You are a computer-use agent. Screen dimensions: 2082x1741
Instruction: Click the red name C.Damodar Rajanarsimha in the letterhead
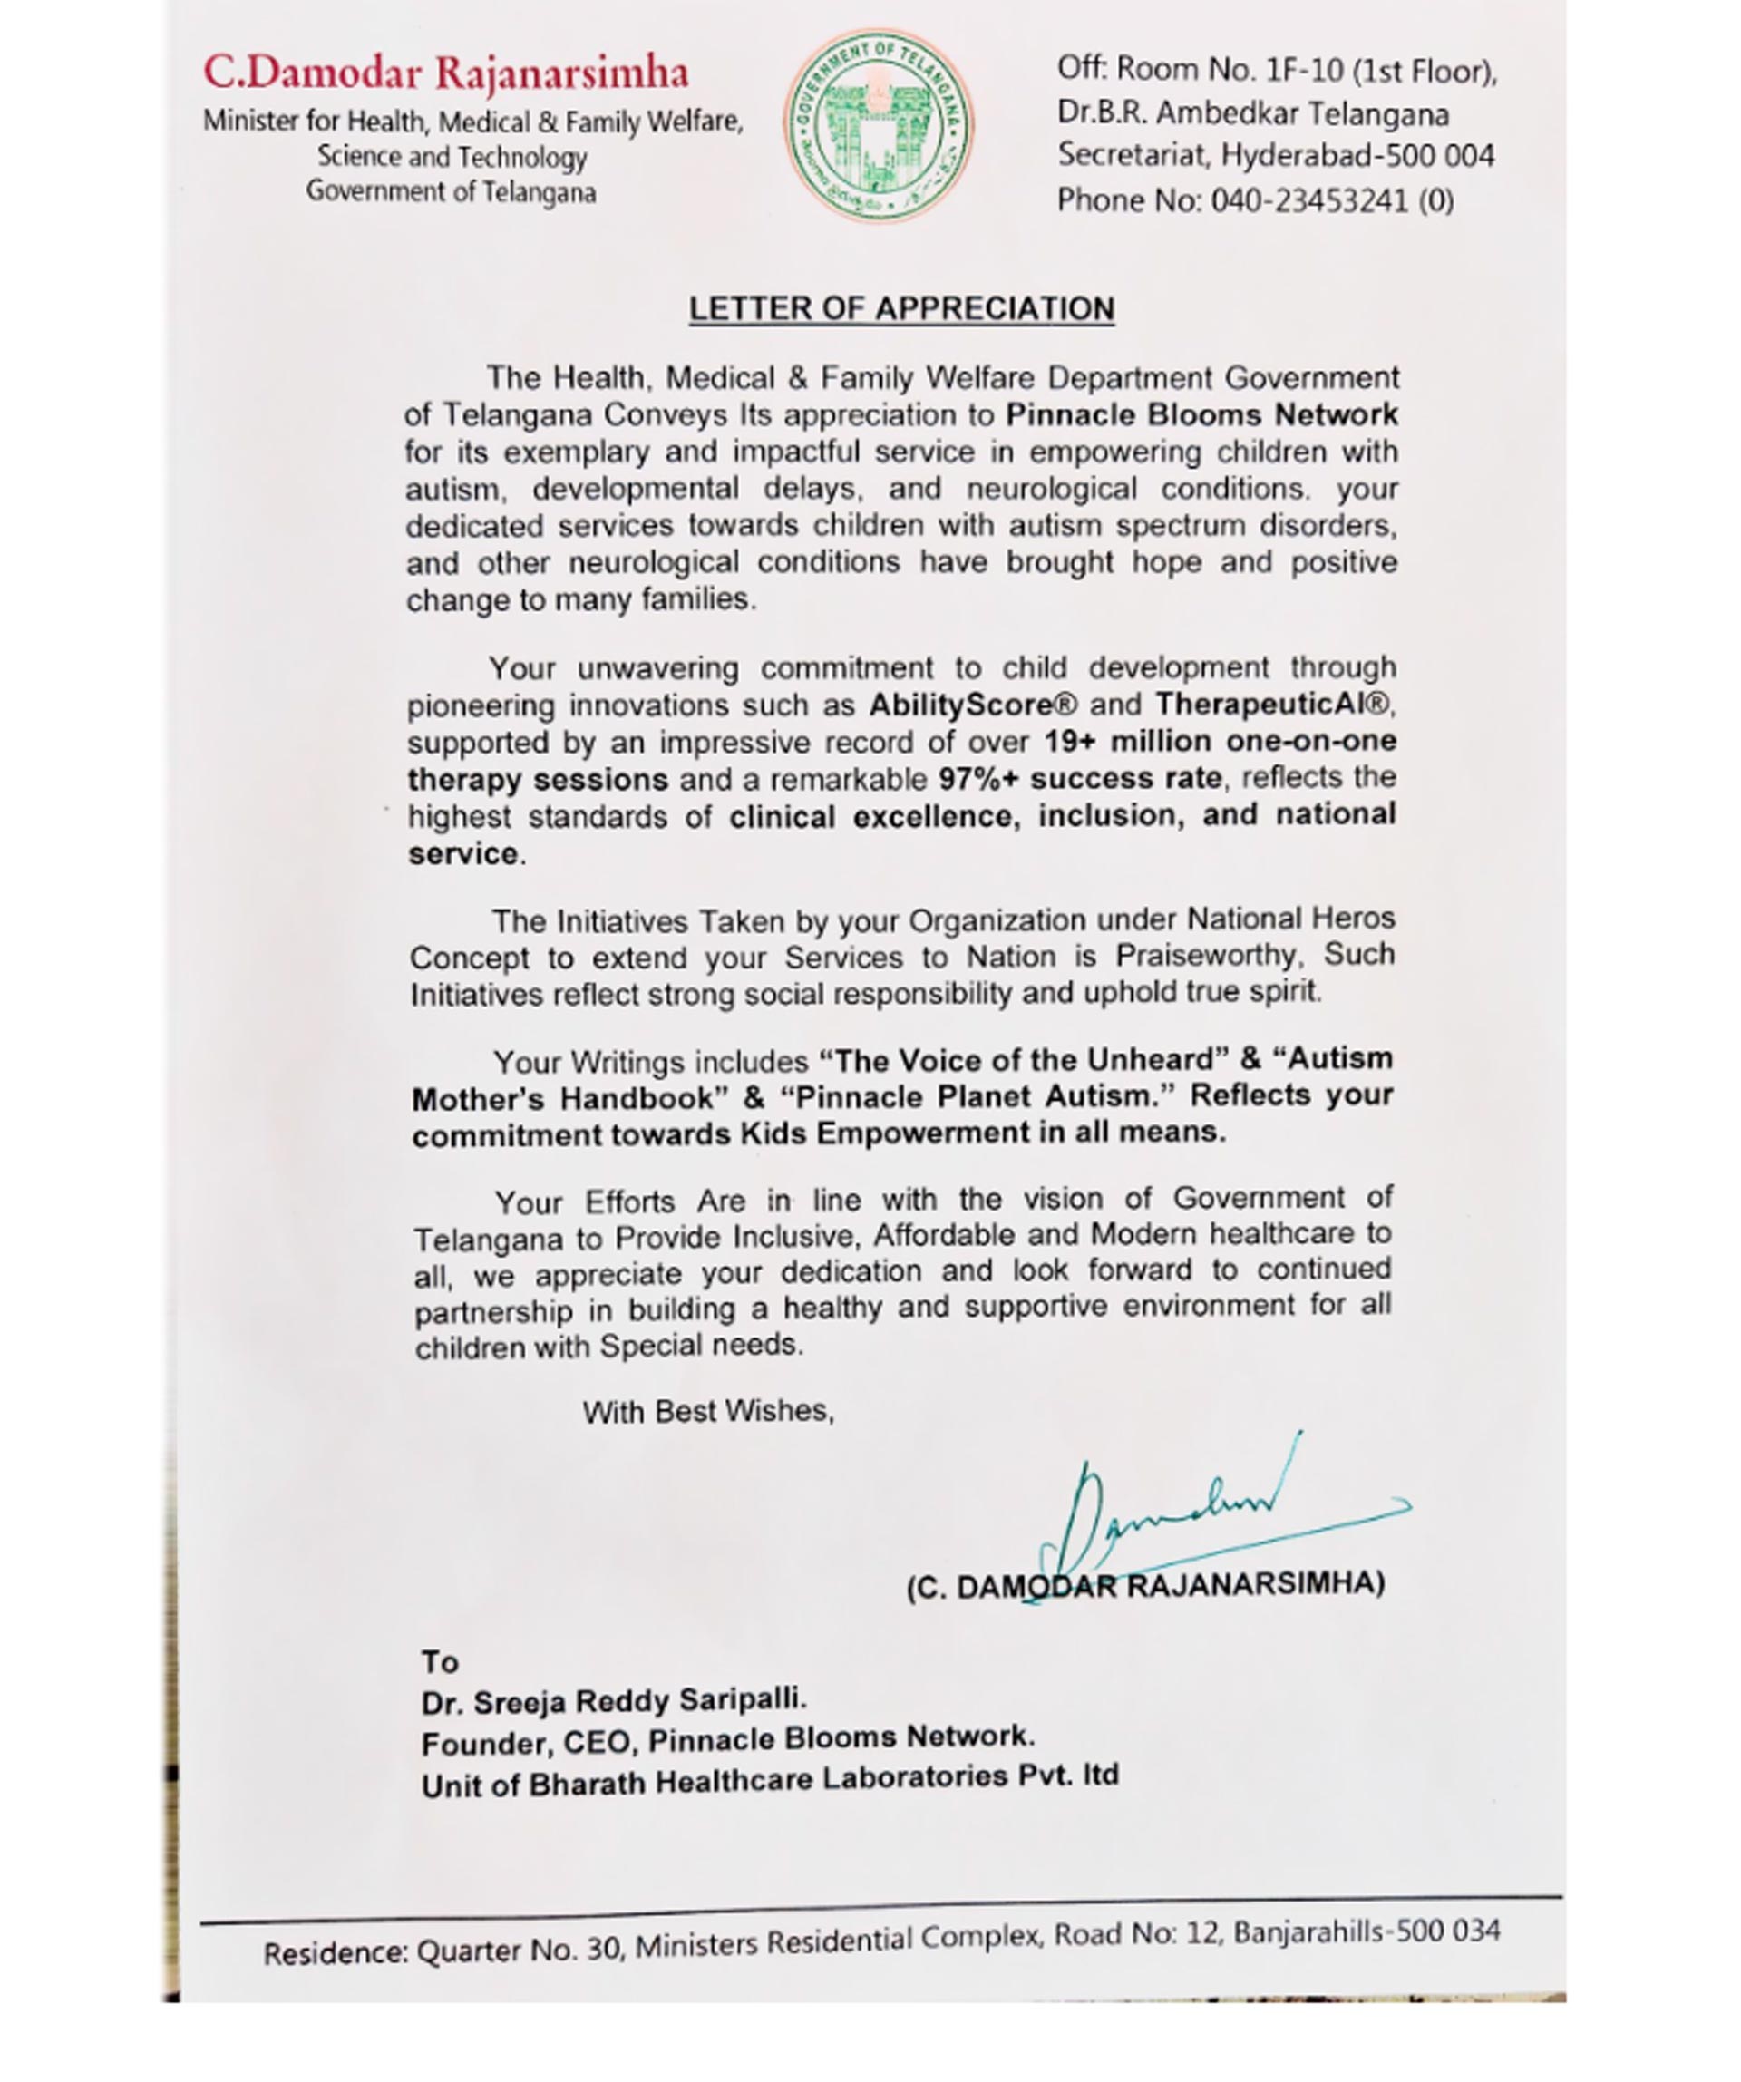click(x=446, y=73)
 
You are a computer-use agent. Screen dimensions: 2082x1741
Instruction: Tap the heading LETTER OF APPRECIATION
click(x=901, y=309)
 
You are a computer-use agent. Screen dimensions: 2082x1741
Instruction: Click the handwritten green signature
click(x=1190, y=1512)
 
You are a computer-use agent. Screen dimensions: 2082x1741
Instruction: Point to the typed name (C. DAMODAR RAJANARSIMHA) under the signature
click(x=1145, y=1584)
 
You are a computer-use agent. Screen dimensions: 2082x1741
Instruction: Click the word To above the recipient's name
click(x=439, y=1661)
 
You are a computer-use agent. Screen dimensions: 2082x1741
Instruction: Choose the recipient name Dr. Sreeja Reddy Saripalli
click(x=614, y=1702)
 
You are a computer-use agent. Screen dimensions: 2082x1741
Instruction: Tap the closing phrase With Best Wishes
click(x=708, y=1411)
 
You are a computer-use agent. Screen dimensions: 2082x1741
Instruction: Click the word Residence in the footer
click(x=336, y=1953)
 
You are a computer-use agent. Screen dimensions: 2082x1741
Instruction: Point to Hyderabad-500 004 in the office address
click(x=1357, y=157)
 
